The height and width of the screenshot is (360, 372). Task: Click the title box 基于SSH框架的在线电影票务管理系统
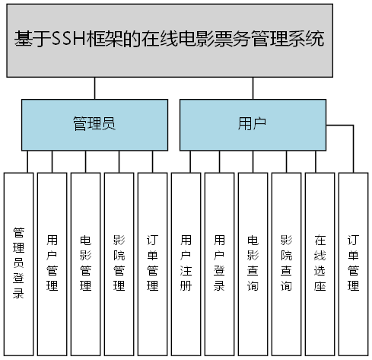coord(170,40)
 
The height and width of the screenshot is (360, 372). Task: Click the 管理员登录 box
coord(19,263)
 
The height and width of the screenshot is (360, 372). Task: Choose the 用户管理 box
coord(52,263)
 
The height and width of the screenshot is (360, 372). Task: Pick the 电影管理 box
coord(86,263)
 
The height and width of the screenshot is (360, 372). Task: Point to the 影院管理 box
coord(119,263)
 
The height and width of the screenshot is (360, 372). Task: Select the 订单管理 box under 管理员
coord(153,263)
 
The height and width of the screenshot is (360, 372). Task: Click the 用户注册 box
coord(186,263)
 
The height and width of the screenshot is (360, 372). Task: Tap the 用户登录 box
coord(220,263)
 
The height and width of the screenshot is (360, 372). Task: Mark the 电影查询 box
coord(253,263)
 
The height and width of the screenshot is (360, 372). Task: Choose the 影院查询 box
coord(286,263)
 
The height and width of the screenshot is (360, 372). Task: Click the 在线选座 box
coord(320,263)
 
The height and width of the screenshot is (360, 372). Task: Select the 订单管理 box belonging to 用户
coord(353,263)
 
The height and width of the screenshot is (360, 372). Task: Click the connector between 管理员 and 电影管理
coord(86,161)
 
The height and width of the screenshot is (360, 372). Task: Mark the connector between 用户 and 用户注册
coord(186,161)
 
